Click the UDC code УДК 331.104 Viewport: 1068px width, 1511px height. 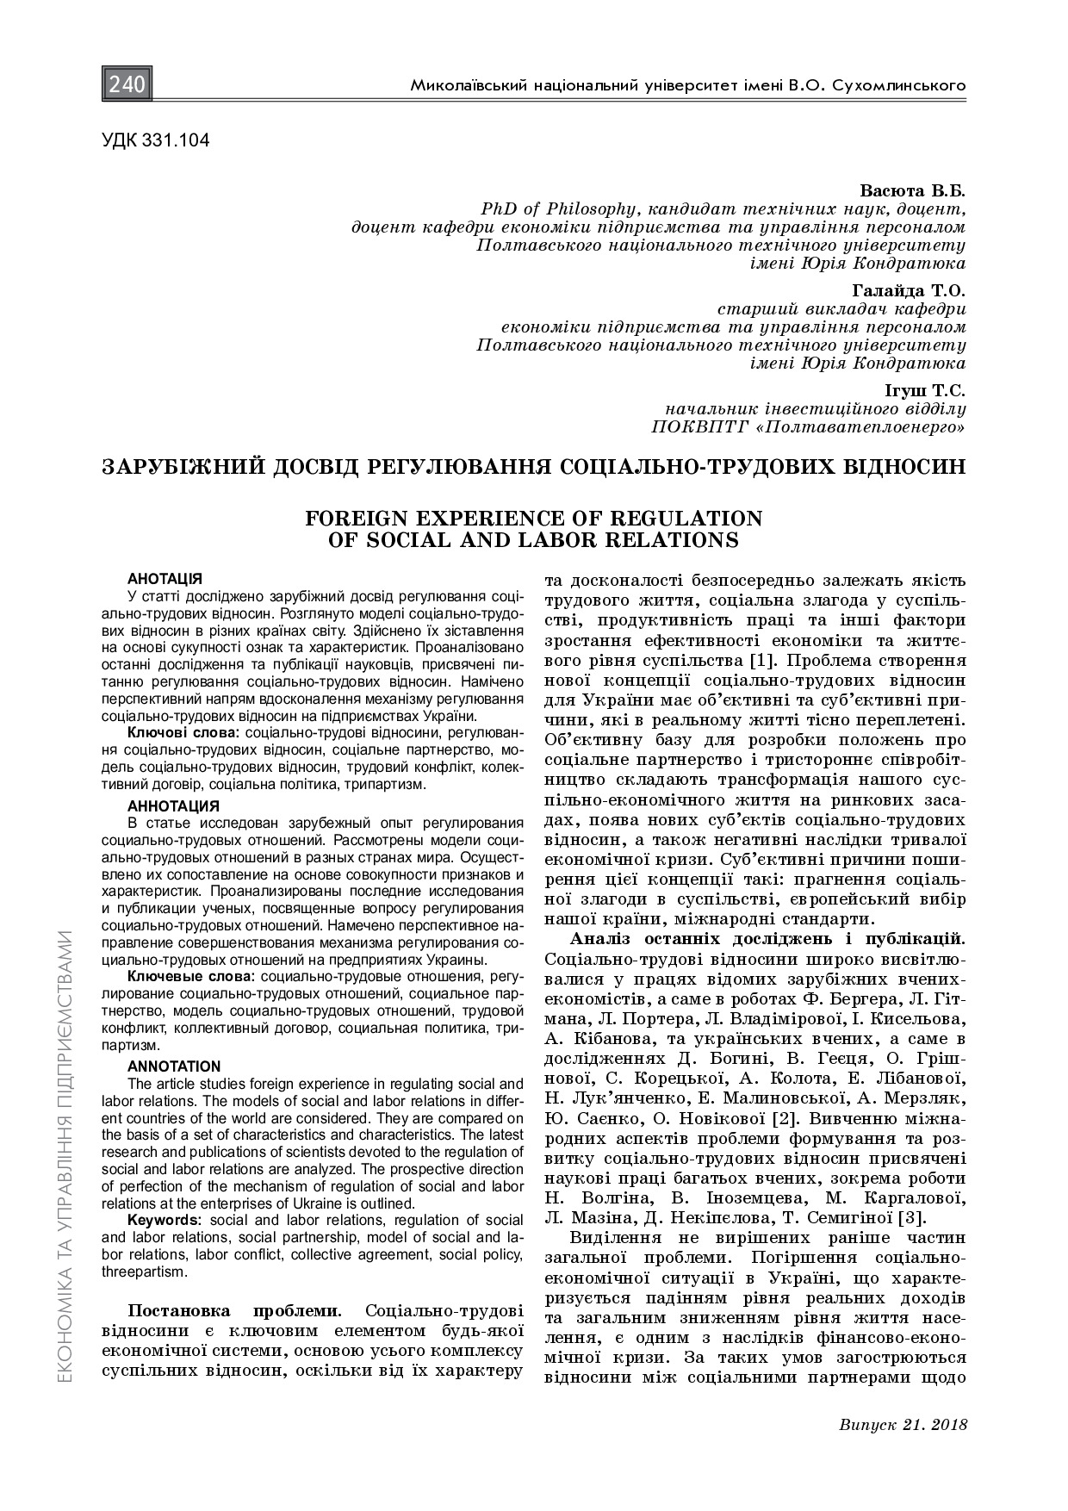pyautogui.click(x=156, y=140)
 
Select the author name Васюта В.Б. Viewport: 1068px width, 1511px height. pyautogui.click(x=913, y=190)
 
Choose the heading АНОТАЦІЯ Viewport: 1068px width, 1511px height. pyautogui.click(x=165, y=578)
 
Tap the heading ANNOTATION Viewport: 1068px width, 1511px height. pyautogui.click(x=174, y=1066)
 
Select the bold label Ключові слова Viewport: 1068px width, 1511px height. pyautogui.click(x=183, y=732)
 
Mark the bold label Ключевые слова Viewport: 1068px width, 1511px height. pyautogui.click(x=190, y=977)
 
